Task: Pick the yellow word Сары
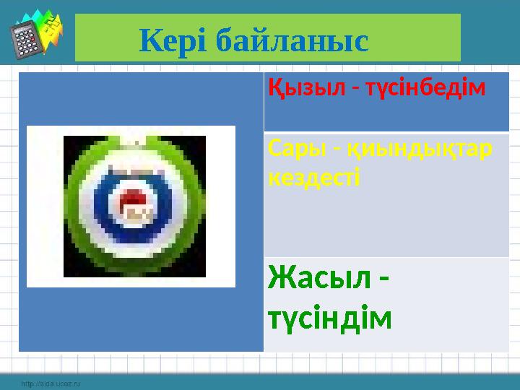(291, 148)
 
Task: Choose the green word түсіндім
(329, 316)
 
